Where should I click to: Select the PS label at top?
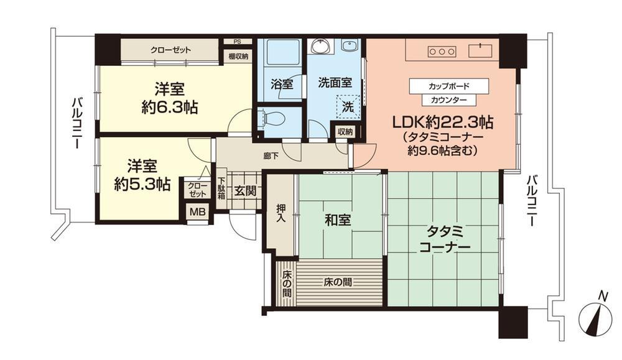(x=237, y=42)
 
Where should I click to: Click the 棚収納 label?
(x=238, y=56)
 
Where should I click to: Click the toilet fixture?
(x=269, y=118)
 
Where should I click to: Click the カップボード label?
(x=448, y=85)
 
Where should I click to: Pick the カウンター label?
(x=448, y=99)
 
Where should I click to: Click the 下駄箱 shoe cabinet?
(x=221, y=188)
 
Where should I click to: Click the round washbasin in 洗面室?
(x=322, y=47)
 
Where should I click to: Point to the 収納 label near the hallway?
(x=345, y=132)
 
